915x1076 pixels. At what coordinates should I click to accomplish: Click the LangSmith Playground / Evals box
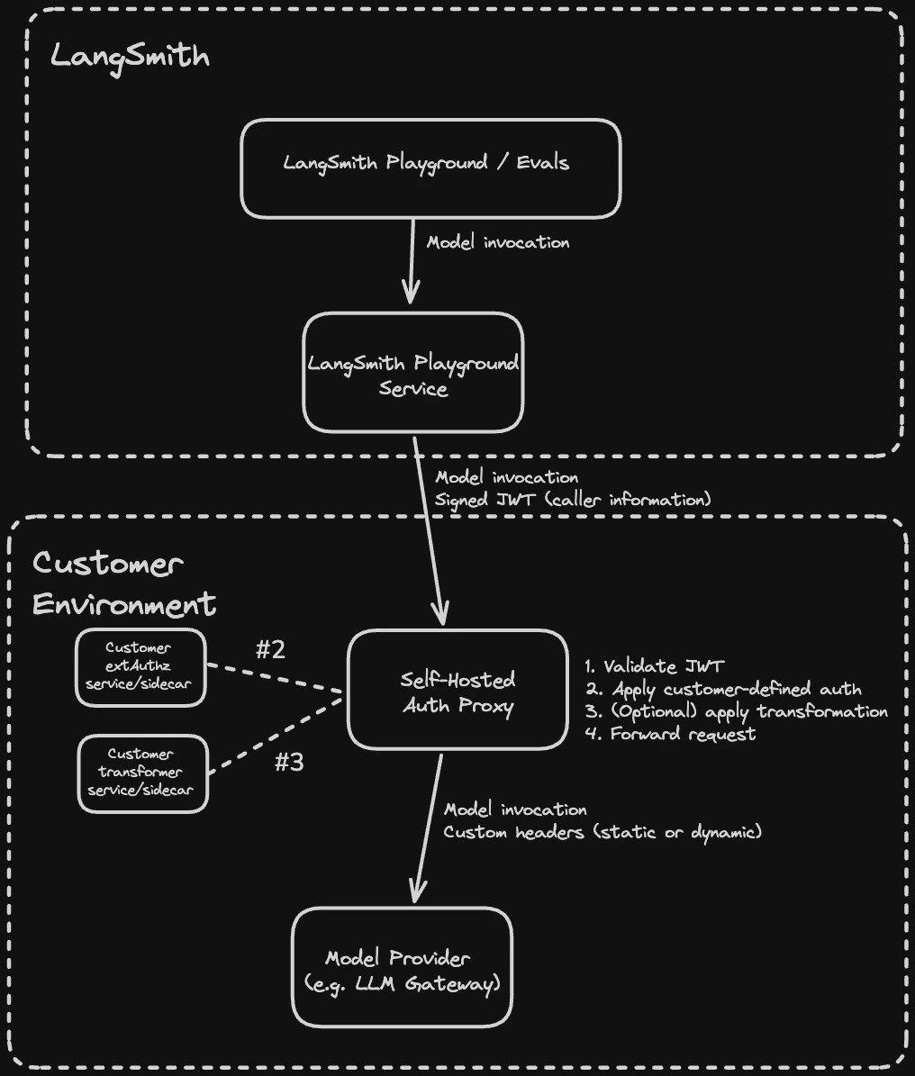point(430,168)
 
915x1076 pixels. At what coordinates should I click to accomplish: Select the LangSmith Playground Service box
point(413,373)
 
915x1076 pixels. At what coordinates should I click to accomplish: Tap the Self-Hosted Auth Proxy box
point(457,690)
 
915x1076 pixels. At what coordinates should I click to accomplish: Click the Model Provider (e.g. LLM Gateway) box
point(402,967)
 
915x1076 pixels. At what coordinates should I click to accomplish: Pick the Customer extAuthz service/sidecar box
point(140,666)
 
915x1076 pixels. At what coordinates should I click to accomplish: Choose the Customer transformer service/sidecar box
point(142,773)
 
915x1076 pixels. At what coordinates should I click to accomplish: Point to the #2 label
point(270,650)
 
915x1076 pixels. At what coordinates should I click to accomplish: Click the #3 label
point(288,763)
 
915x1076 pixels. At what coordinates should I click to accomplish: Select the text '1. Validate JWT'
point(654,667)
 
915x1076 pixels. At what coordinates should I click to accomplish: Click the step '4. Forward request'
point(670,734)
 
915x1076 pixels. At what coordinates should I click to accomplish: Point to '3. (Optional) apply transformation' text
point(736,711)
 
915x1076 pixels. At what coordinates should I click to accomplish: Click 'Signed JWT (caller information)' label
point(573,499)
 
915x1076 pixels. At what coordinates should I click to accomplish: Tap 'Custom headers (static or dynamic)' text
point(602,832)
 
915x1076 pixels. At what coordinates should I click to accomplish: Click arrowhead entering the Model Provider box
point(415,891)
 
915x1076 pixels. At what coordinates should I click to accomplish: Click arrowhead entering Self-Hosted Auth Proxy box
point(442,614)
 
